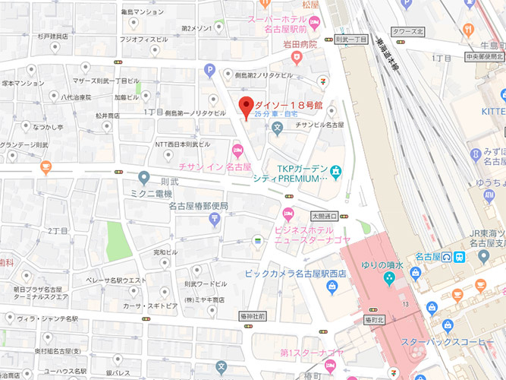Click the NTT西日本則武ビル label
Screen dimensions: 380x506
pyautogui.click(x=182, y=144)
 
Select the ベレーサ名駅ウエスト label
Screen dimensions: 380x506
pyautogui.click(x=115, y=280)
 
